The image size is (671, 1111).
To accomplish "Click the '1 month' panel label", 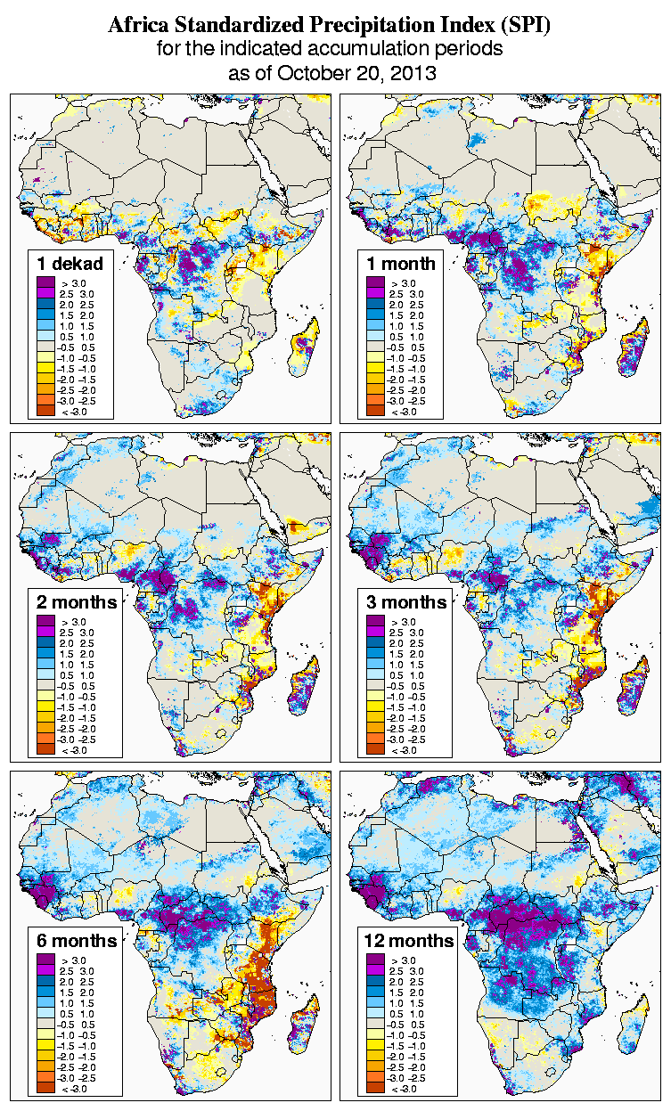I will pyautogui.click(x=400, y=263).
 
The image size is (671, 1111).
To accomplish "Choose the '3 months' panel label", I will pyautogui.click(x=406, y=601).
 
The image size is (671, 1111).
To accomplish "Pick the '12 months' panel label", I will pyautogui.click(x=408, y=941).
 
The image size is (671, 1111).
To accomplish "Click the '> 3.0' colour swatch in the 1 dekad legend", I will pyautogui.click(x=45, y=282).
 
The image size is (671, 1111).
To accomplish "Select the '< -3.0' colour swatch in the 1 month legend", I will pyautogui.click(x=375, y=411).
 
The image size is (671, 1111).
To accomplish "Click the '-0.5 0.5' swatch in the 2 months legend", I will pyautogui.click(x=45, y=686).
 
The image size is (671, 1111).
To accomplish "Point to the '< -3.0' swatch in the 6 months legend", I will pyautogui.click(x=45, y=1089).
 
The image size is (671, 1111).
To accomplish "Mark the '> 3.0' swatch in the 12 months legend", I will pyautogui.click(x=375, y=960).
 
